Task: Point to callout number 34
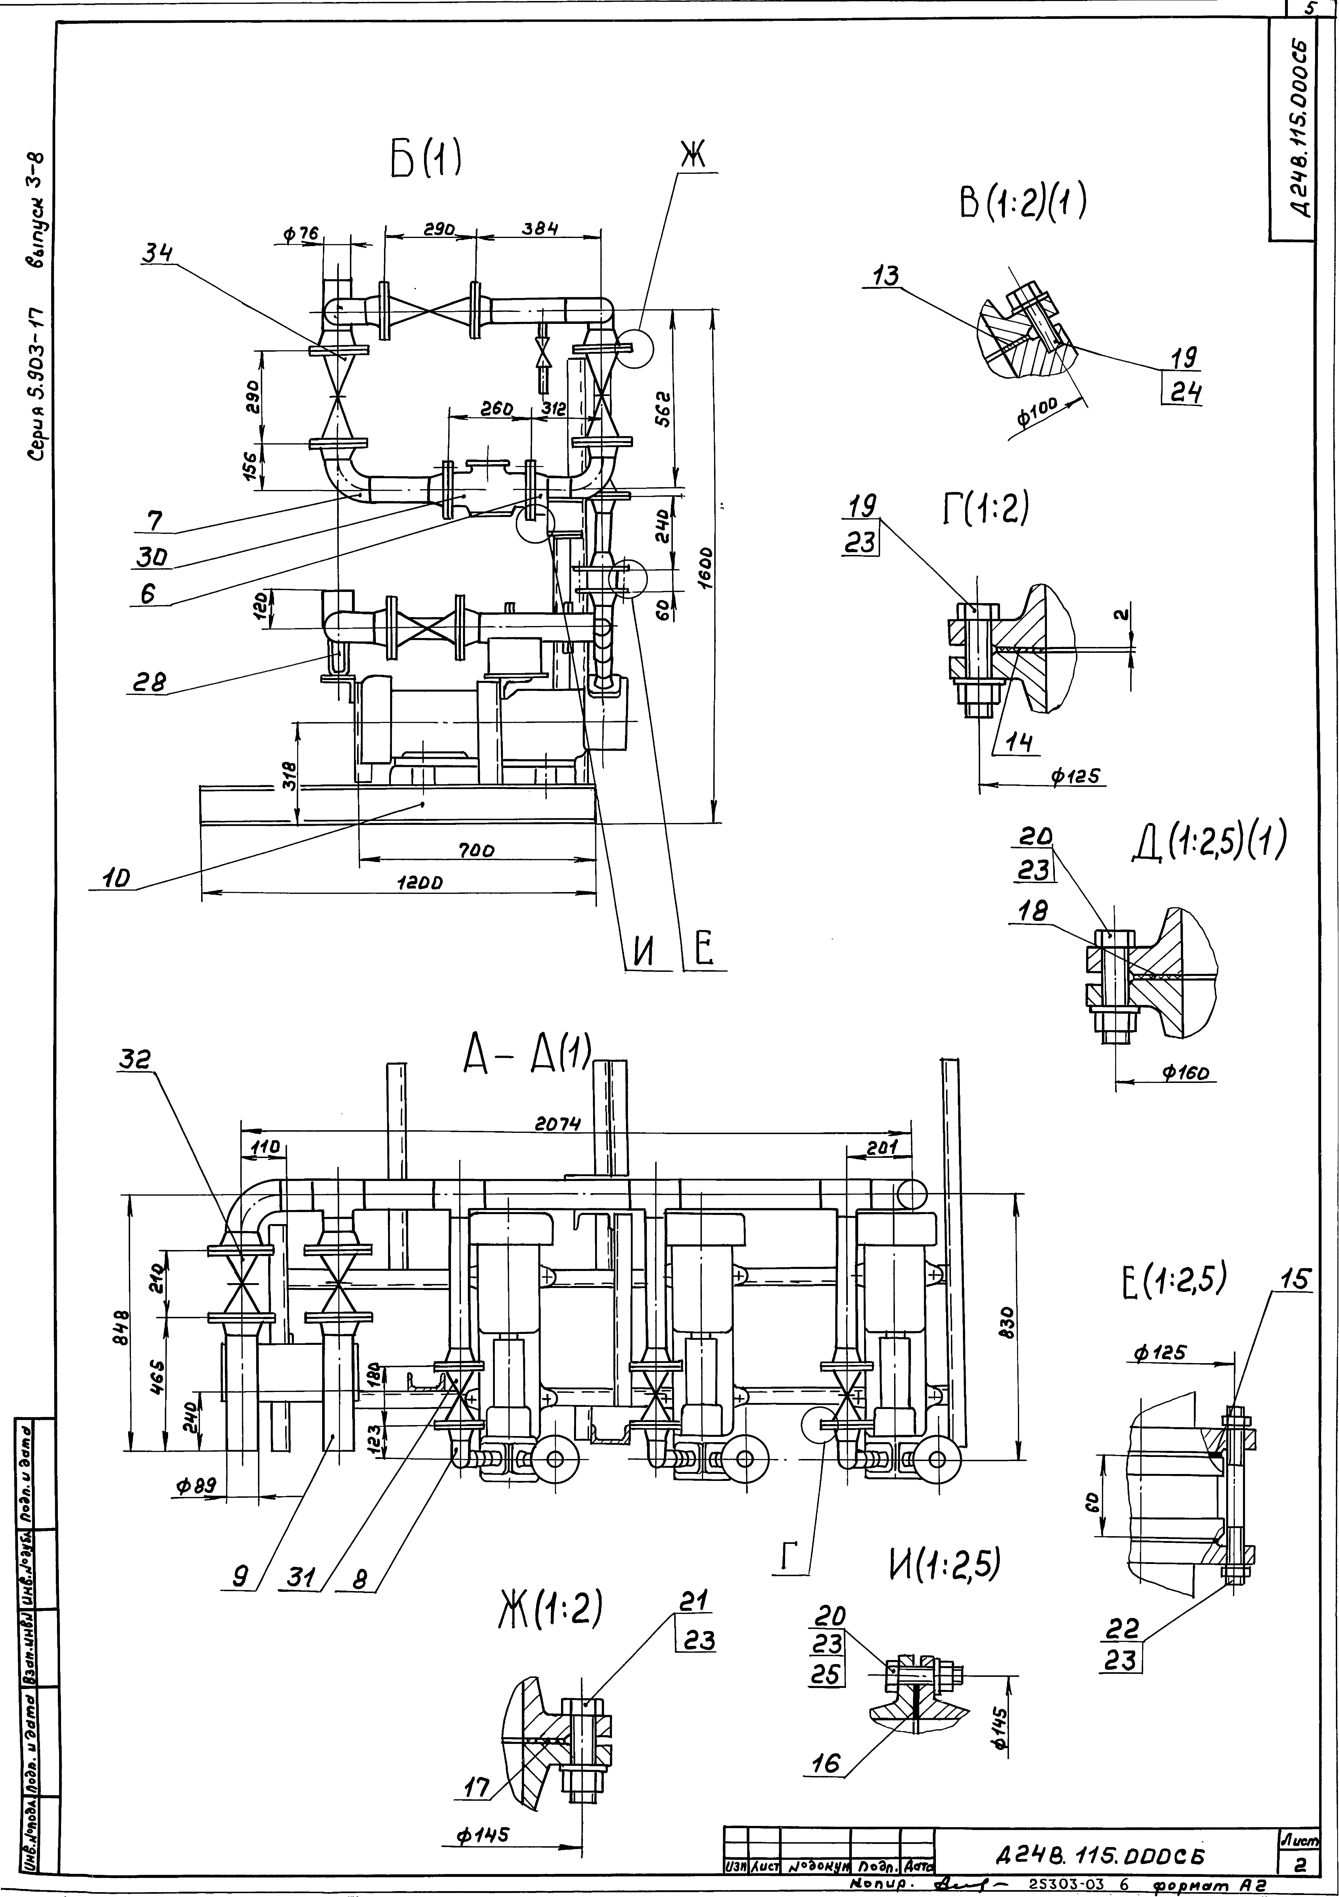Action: (157, 254)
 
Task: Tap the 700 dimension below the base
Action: (477, 849)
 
